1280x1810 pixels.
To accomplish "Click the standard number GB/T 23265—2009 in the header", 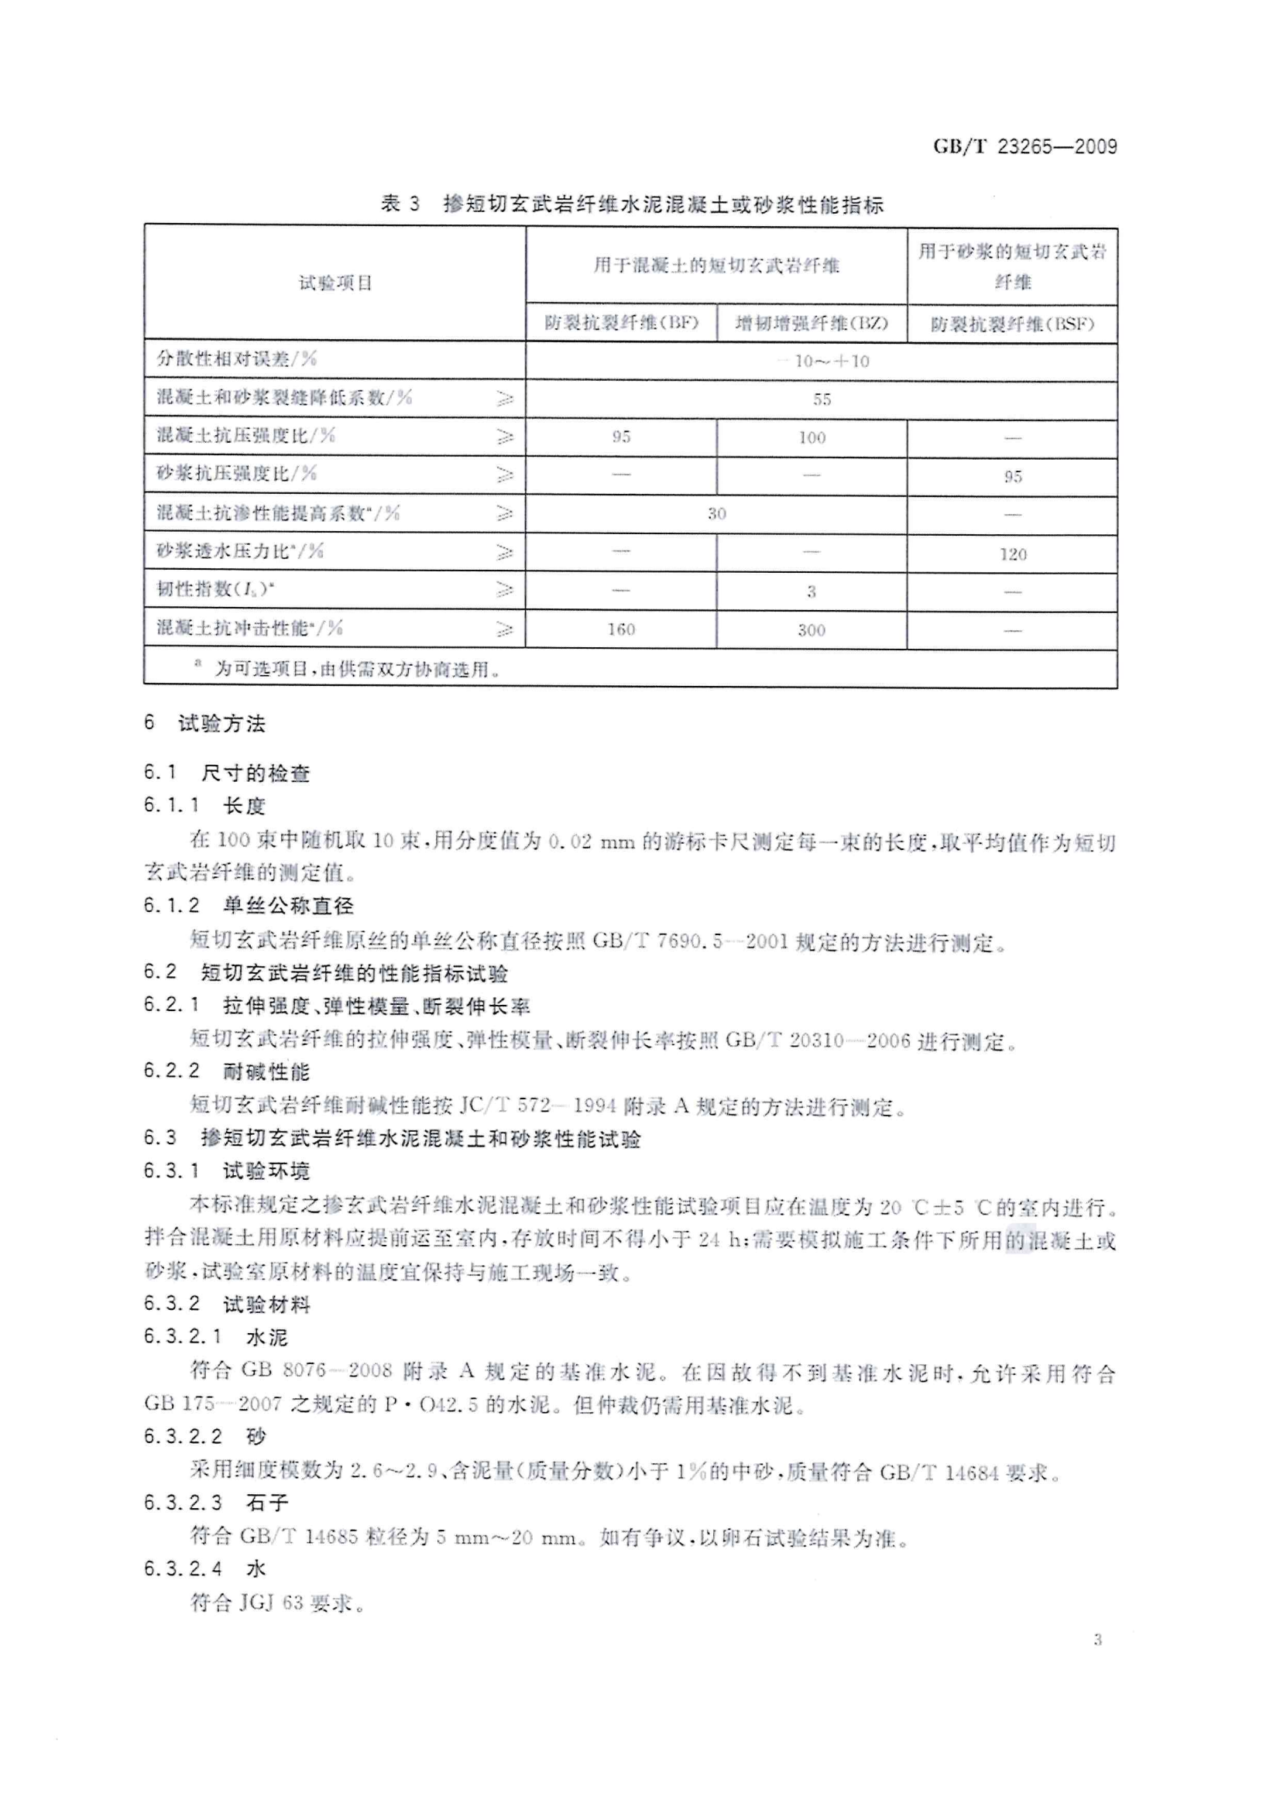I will click(1024, 146).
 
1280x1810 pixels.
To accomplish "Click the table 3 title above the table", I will click(632, 205).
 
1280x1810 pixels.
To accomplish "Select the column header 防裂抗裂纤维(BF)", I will click(622, 324).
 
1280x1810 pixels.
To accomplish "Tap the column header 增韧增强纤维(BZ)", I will click(812, 324).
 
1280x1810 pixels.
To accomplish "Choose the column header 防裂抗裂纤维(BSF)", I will click(1012, 324).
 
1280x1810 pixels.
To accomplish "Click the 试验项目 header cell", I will click(335, 283).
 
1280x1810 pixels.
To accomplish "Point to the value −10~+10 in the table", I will click(822, 361).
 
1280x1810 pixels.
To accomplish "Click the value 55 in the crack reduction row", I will click(822, 399).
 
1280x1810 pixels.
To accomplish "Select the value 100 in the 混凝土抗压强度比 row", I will click(812, 437).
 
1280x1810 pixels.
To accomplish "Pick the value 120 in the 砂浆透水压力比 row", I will click(1013, 554).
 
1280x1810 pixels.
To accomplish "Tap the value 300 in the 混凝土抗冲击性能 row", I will click(811, 630).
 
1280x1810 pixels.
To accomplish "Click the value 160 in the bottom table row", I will click(621, 629).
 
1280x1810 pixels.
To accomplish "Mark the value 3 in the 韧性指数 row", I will click(811, 591).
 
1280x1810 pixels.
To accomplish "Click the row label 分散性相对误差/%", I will click(237, 358).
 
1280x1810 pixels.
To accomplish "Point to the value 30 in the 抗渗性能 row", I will click(716, 514).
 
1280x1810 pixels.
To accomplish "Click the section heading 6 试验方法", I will click(205, 723).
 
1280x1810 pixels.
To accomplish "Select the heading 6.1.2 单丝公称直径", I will click(249, 905).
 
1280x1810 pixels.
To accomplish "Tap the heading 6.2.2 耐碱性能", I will click(227, 1071).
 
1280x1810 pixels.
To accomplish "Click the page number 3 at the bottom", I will click(1097, 1640).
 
